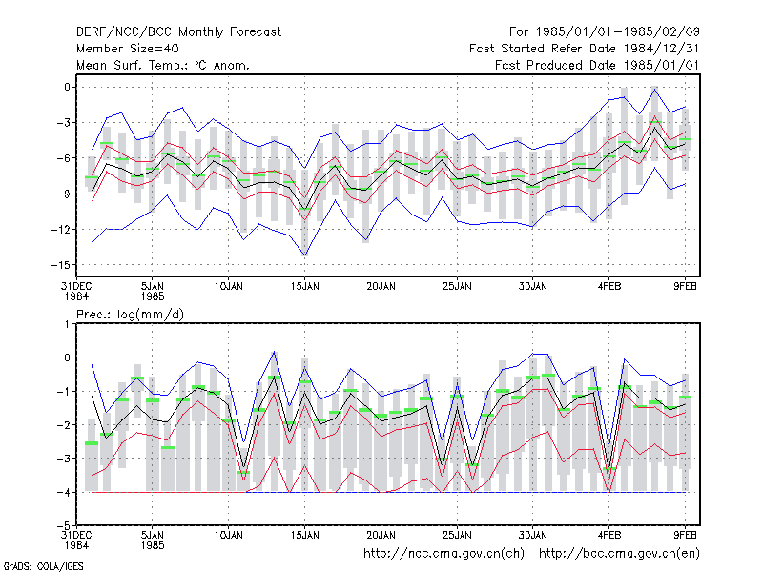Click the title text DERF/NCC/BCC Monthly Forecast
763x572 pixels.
[x=178, y=32]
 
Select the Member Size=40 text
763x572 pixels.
[x=128, y=49]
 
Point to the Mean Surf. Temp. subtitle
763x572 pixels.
[x=163, y=65]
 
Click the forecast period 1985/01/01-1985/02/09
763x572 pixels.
[x=605, y=32]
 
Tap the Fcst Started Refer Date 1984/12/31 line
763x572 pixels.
[x=585, y=49]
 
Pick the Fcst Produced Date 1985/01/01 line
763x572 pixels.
[x=597, y=65]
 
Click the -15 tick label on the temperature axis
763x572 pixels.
[x=60, y=265]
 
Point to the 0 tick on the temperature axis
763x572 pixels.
[x=67, y=87]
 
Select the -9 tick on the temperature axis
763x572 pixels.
[x=64, y=194]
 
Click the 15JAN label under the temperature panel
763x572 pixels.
[x=305, y=287]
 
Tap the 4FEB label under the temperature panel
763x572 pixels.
[x=609, y=287]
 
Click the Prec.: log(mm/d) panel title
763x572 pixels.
[x=130, y=315]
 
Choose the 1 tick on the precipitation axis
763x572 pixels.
[x=67, y=324]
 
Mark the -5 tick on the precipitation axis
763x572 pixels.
[x=64, y=525]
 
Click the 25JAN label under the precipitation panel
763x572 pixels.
[x=457, y=536]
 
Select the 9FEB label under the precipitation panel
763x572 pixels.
[x=685, y=536]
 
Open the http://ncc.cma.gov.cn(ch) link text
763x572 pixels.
[x=443, y=554]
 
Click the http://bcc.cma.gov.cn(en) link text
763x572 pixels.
[x=619, y=554]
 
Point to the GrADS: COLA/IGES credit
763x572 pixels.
[x=43, y=566]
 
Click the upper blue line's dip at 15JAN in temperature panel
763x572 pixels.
[x=305, y=169]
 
